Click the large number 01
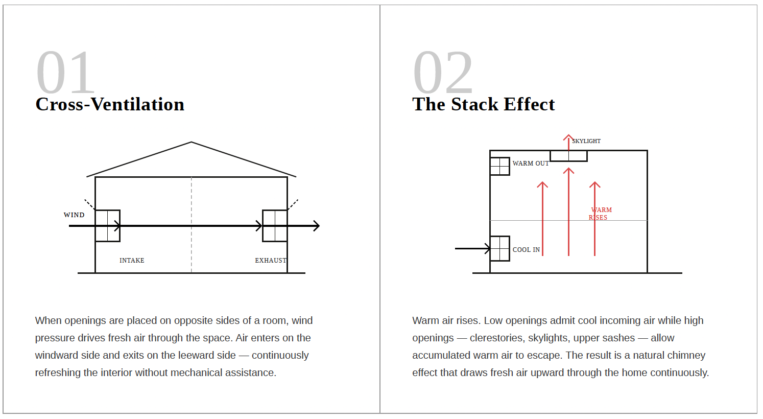65,73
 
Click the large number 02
443,73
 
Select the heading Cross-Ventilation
110,104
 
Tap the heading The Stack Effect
483,104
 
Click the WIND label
74,215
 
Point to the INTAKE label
132,261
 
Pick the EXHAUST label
271,261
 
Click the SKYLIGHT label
586,141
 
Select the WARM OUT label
531,164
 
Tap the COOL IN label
526,250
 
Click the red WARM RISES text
600,214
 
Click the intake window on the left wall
108,225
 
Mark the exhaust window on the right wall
275,225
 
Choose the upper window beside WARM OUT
500,166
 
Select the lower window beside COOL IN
500,248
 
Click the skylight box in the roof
568,156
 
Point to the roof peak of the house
192,143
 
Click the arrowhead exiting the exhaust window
317,226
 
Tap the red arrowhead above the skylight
568,137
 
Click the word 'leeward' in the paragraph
214,356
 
